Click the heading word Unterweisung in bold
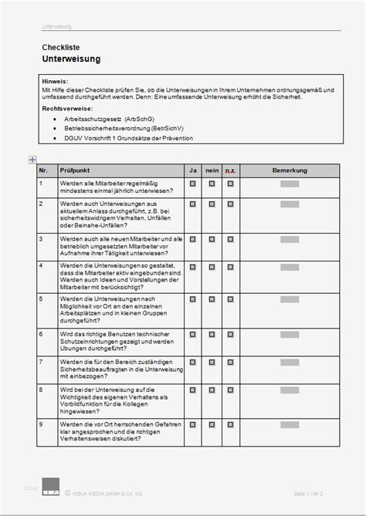pos(70,59)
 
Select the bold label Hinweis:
pos(56,81)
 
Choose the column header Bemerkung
pos(290,169)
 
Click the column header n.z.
pos(230,169)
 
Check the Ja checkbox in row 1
pos(192,184)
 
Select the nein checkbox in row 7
pos(211,361)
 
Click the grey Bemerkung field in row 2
pos(290,204)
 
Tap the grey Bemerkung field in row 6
pos(290,335)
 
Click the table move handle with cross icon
pos(32,159)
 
